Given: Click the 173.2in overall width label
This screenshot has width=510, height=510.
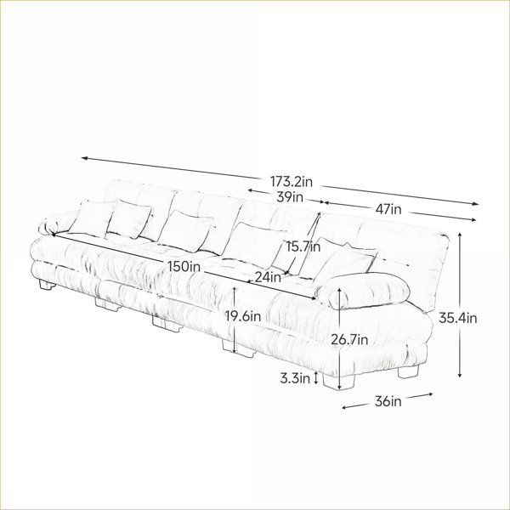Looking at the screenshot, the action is click(292, 182).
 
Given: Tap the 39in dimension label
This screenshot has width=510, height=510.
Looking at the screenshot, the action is click(290, 197).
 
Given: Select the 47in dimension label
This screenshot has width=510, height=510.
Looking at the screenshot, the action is click(388, 209).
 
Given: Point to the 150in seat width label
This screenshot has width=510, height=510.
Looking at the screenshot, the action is click(184, 266).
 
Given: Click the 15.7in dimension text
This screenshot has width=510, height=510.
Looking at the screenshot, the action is click(303, 246).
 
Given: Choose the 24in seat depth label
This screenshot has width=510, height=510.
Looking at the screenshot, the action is click(268, 277).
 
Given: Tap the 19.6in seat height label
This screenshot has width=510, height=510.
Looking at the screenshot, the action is click(243, 316).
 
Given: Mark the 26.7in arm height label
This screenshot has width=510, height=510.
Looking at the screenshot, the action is click(349, 340).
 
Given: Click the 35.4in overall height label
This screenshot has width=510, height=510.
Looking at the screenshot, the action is click(458, 318).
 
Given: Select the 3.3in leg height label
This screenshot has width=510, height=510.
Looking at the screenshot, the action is click(295, 378).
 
